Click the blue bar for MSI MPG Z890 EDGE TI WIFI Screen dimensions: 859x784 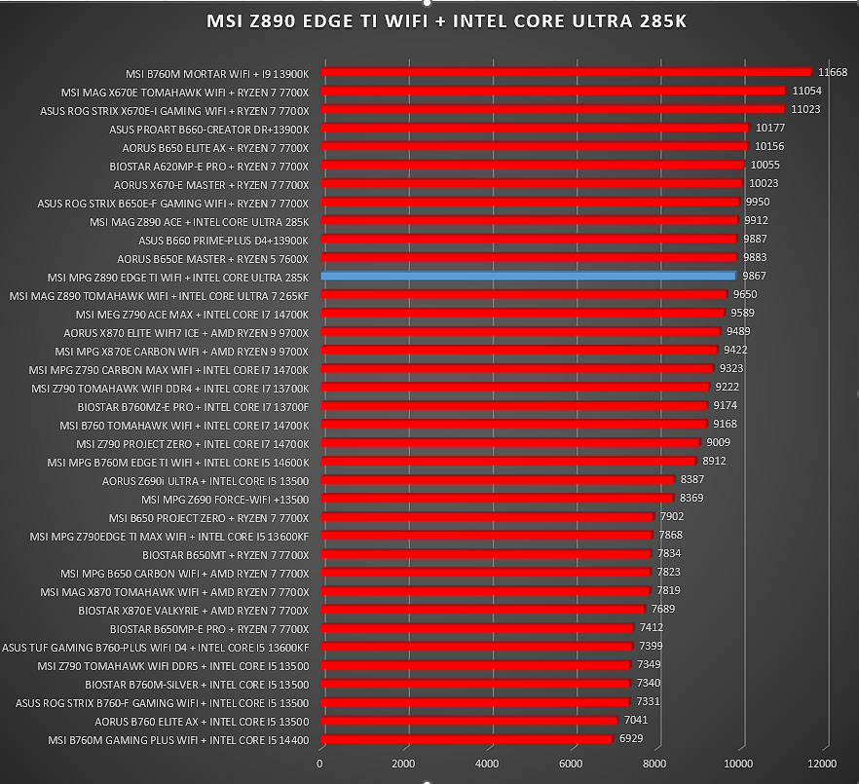(x=529, y=277)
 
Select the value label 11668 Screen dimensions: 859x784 (x=832, y=72)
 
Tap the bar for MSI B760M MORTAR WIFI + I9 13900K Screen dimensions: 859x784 (x=567, y=72)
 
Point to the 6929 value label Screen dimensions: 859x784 (x=631, y=738)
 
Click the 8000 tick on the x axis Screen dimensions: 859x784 (x=654, y=764)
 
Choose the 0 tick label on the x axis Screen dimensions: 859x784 (x=319, y=764)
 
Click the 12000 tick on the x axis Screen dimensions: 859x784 (x=822, y=764)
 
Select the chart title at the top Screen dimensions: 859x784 (x=446, y=21)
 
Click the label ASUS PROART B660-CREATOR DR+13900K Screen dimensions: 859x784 (x=209, y=130)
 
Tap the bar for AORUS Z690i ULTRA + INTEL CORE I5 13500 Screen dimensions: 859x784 (x=498, y=480)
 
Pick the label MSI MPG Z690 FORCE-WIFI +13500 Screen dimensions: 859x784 (x=225, y=500)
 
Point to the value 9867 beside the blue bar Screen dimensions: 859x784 (x=755, y=277)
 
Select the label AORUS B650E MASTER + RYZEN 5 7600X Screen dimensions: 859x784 (x=213, y=259)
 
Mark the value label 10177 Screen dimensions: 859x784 (x=770, y=129)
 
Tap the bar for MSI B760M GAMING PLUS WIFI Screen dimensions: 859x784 (x=467, y=739)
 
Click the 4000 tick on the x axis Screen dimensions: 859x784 (x=487, y=764)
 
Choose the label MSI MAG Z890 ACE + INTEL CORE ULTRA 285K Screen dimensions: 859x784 (x=200, y=222)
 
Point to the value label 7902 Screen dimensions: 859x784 (x=672, y=516)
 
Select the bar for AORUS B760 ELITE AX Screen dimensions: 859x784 (x=469, y=721)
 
